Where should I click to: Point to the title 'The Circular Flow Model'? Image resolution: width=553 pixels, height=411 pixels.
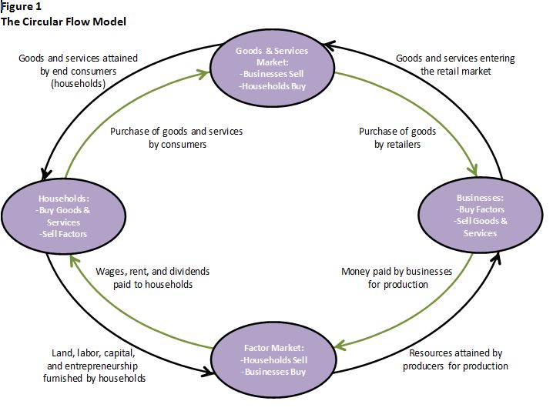click(x=63, y=22)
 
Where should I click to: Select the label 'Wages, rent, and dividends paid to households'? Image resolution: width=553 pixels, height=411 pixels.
click(x=152, y=278)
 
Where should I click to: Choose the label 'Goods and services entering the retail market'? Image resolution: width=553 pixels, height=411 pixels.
click(x=454, y=65)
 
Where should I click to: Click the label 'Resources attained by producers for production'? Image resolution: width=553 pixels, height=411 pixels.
click(x=454, y=359)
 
